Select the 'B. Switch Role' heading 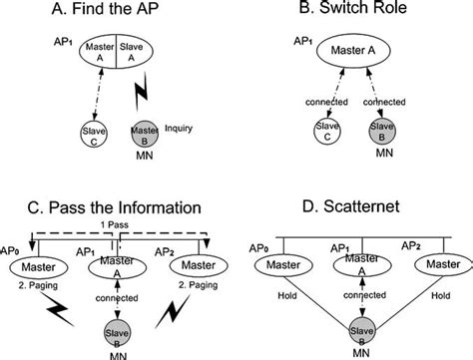tap(346, 11)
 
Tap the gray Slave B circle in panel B tap(378, 134)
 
